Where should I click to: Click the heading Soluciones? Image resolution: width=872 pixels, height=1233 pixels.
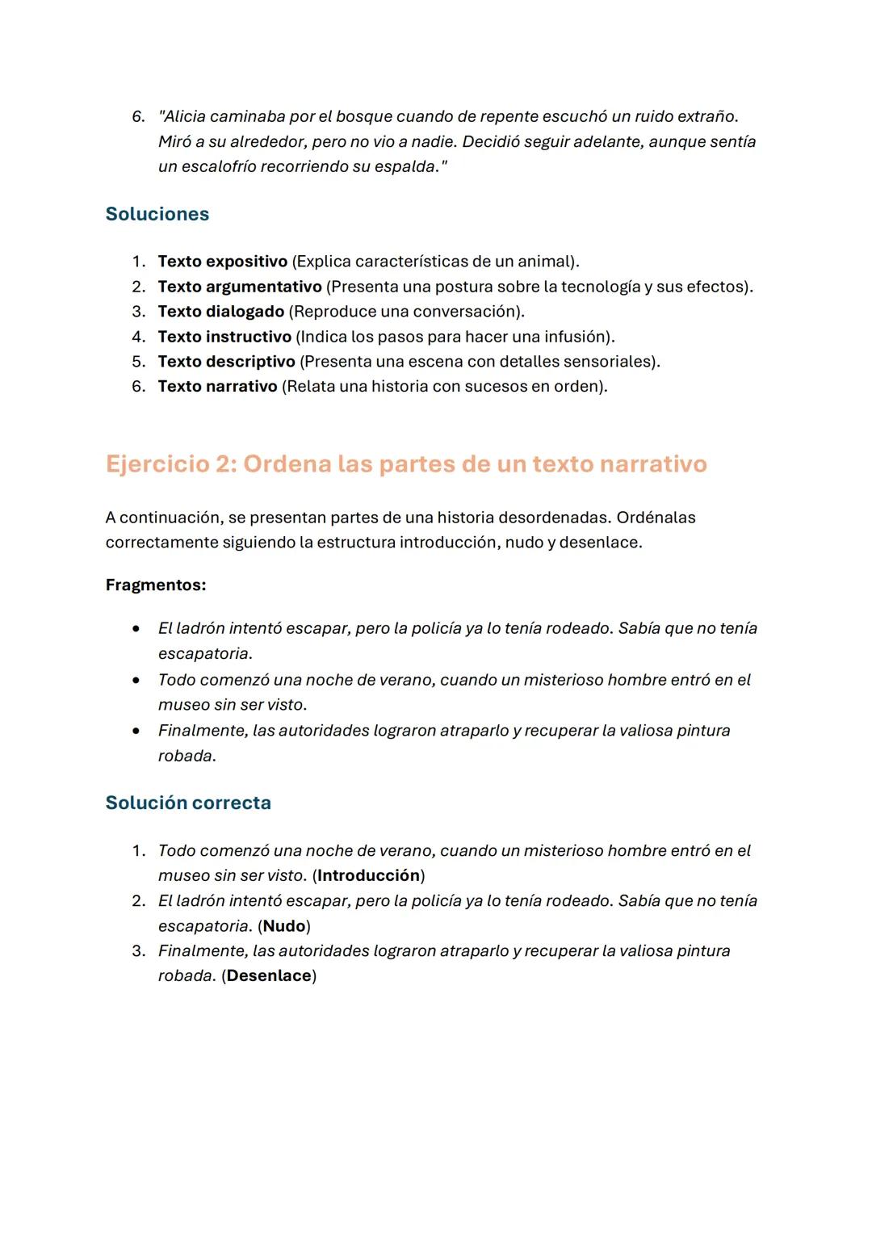point(157,214)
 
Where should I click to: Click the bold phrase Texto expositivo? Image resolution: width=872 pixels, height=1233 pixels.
point(222,262)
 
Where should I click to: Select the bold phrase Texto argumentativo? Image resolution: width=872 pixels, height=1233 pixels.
point(240,287)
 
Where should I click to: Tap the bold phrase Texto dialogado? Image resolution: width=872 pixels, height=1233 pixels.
point(220,312)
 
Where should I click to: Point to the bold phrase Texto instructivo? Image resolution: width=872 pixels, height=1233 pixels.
point(224,337)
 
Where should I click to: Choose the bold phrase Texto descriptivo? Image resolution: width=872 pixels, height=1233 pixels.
point(226,362)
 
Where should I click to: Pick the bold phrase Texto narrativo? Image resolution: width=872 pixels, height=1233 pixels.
point(217,387)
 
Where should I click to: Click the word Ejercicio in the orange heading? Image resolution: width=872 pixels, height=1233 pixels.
point(157,464)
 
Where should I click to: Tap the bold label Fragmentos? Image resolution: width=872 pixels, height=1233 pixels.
point(156,585)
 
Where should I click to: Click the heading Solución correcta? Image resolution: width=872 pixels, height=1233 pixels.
point(188,803)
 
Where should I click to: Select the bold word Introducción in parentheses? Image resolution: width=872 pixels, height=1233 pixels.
point(368,876)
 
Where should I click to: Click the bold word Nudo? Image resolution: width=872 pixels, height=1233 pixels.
point(284,926)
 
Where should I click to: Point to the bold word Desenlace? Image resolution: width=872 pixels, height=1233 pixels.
point(269,976)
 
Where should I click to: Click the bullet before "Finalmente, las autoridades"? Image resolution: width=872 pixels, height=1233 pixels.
point(136,731)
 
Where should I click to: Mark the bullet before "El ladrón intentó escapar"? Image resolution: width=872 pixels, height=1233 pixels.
point(136,628)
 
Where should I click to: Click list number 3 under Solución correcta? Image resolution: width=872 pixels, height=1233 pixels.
point(138,951)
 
